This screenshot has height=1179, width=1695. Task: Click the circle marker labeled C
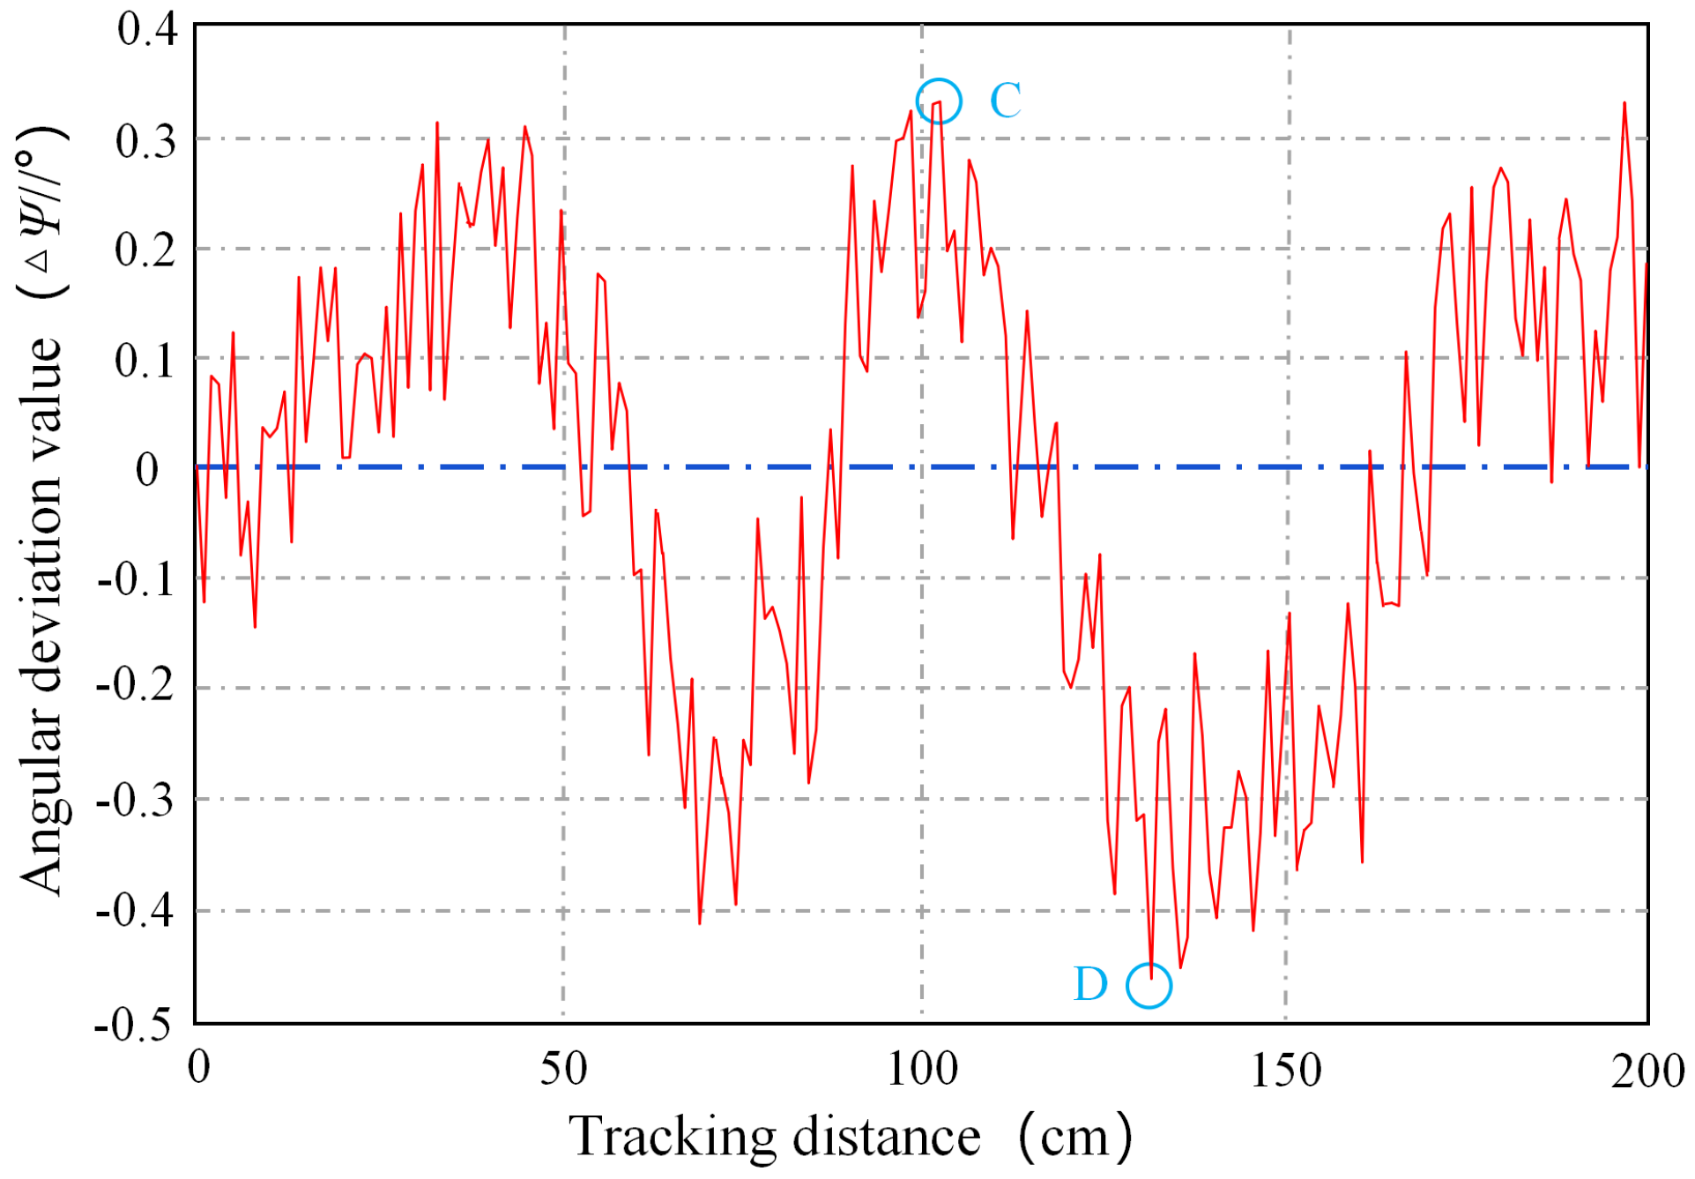click(x=938, y=101)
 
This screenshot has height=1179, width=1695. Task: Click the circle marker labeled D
click(x=1149, y=985)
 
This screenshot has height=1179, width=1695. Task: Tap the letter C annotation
click(x=1005, y=101)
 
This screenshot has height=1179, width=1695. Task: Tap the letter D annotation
click(x=1090, y=984)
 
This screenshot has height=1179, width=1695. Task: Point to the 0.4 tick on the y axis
click(x=147, y=30)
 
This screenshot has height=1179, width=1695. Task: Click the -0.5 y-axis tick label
click(x=134, y=1026)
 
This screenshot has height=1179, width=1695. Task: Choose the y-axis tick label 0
click(x=147, y=470)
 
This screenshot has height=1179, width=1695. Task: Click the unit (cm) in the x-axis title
click(x=1075, y=1138)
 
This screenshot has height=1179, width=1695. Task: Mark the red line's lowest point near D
click(x=1151, y=977)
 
